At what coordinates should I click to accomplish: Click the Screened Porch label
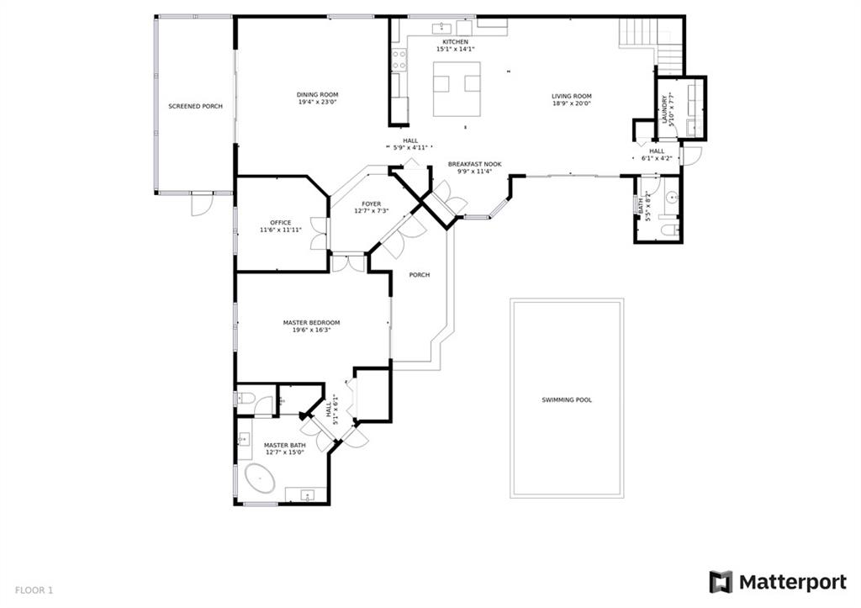click(195, 106)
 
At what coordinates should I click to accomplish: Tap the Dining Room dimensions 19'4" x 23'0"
click(317, 102)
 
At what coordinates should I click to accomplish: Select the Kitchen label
click(456, 42)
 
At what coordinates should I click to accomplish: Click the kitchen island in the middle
click(457, 89)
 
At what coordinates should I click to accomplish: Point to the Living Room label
click(572, 96)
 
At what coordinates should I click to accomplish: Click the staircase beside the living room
click(652, 46)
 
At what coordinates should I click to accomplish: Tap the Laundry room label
click(664, 109)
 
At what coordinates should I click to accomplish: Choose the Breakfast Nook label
click(474, 164)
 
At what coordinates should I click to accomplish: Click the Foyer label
click(371, 204)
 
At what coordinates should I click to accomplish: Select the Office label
click(281, 223)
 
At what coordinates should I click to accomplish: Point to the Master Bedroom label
click(311, 323)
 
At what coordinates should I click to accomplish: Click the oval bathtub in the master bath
click(260, 479)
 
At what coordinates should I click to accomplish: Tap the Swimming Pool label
click(567, 400)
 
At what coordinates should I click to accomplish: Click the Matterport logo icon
click(721, 582)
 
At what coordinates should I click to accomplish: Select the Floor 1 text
click(34, 591)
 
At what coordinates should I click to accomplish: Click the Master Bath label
click(284, 446)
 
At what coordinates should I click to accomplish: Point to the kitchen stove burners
click(399, 60)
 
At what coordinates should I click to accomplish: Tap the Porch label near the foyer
click(420, 275)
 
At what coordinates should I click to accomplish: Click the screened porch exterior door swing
click(201, 204)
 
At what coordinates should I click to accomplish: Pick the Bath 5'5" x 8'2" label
click(641, 203)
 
